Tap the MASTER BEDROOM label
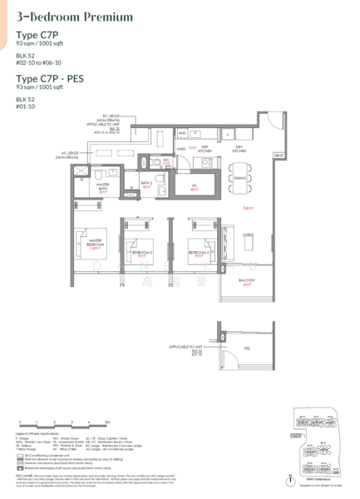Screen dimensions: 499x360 [94, 245]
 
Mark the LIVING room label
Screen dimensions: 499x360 [247, 235]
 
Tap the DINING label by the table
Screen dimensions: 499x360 [240, 177]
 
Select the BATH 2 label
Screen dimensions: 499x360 [145, 182]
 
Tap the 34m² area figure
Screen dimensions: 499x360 [247, 208]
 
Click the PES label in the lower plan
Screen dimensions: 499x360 [247, 349]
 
